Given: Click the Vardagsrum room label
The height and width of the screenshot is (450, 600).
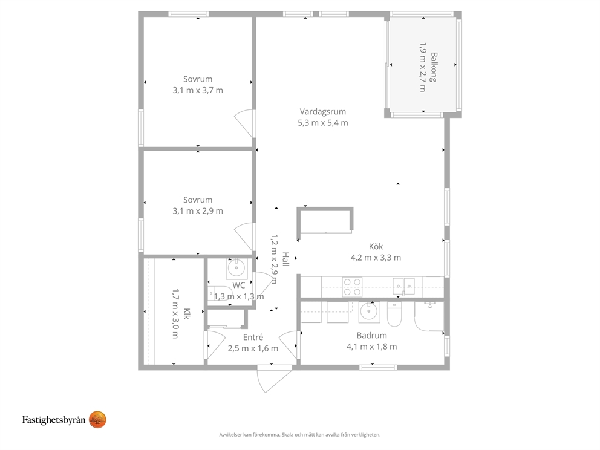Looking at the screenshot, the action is click(x=322, y=112).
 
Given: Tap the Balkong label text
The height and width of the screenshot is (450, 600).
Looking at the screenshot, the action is click(x=434, y=67).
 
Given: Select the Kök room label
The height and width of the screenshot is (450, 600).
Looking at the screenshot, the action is click(x=376, y=246).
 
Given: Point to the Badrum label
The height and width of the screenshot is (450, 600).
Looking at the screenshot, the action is click(x=371, y=336).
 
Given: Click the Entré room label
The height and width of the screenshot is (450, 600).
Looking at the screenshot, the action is click(x=253, y=337).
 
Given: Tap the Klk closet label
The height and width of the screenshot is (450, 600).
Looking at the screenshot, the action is click(x=186, y=314).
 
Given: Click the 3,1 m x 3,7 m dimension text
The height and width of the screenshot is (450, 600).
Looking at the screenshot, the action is click(x=198, y=90).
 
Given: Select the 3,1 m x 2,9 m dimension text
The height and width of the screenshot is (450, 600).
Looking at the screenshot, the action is click(x=198, y=211).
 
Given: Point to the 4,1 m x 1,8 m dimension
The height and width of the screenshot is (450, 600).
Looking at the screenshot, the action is click(x=371, y=347).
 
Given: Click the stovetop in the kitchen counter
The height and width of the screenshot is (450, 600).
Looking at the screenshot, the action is click(x=352, y=287).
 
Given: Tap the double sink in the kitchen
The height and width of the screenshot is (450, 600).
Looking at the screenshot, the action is click(x=403, y=286).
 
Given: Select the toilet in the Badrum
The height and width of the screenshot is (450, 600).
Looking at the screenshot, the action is click(x=394, y=314).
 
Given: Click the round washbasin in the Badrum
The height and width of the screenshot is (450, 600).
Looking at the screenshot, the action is click(x=369, y=312).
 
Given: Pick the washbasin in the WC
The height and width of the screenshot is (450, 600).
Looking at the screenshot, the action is click(x=236, y=268).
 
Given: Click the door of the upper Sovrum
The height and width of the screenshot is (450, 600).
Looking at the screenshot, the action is click(x=244, y=123).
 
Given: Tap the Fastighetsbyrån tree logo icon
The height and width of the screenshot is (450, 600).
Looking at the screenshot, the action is click(x=97, y=420).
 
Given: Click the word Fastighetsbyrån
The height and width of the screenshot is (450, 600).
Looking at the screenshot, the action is click(x=54, y=420).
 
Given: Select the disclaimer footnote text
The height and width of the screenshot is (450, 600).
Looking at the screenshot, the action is click(x=300, y=435).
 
